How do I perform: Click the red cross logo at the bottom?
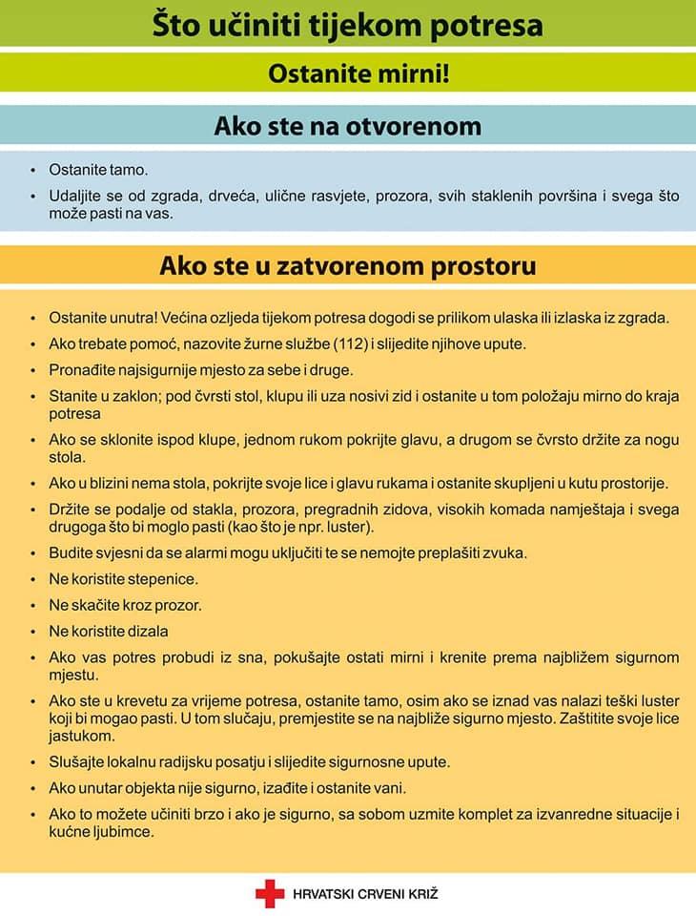tap(269, 893)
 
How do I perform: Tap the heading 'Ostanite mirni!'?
tap(358, 73)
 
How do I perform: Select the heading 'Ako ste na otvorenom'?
tap(348, 126)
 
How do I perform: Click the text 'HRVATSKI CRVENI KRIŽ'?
tap(365, 894)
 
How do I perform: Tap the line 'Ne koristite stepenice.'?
tap(124, 579)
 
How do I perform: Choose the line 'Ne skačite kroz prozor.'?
tap(125, 605)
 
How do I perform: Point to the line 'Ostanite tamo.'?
tap(98, 170)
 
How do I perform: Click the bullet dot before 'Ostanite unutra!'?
tap(33, 318)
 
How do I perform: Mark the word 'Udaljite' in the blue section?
tap(77, 197)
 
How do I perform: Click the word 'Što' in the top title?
tap(178, 25)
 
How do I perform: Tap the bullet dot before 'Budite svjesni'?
tap(33, 553)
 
